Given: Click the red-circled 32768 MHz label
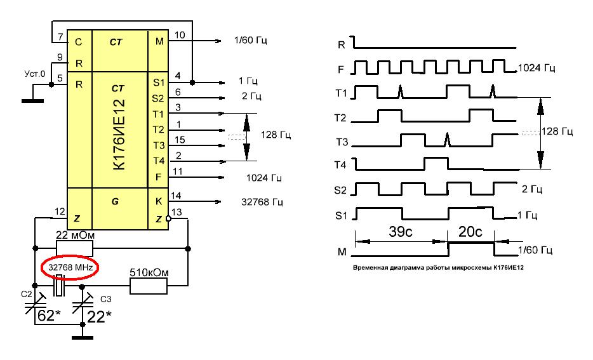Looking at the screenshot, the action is pyautogui.click(x=70, y=267).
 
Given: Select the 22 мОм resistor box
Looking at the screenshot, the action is pyautogui.click(x=74, y=249).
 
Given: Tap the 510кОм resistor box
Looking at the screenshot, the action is pyautogui.click(x=149, y=286).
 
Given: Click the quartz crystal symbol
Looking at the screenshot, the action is pyautogui.click(x=58, y=286).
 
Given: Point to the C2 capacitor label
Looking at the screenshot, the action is pyautogui.click(x=27, y=294).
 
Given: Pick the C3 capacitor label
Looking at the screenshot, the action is pyautogui.click(x=106, y=300).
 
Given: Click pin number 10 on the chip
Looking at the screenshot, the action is pyautogui.click(x=180, y=35).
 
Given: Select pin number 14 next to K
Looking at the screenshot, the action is pyautogui.click(x=176, y=196).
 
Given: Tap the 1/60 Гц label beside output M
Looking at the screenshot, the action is pyautogui.click(x=251, y=40).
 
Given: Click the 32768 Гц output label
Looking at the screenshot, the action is pyautogui.click(x=262, y=202).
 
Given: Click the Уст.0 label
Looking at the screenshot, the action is pyautogui.click(x=34, y=74).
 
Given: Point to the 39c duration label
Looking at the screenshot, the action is pyautogui.click(x=400, y=231).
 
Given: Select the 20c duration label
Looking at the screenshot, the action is pyautogui.click(x=470, y=231).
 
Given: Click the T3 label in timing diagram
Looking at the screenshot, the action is pyautogui.click(x=342, y=142).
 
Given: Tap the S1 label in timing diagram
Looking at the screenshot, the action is pyautogui.click(x=341, y=215).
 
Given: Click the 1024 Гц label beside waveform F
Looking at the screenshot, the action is pyautogui.click(x=536, y=68).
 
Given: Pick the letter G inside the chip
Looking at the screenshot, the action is pyautogui.click(x=116, y=201).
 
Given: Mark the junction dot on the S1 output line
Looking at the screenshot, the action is pyautogui.click(x=192, y=83).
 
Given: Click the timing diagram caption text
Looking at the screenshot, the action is pyautogui.click(x=438, y=267).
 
